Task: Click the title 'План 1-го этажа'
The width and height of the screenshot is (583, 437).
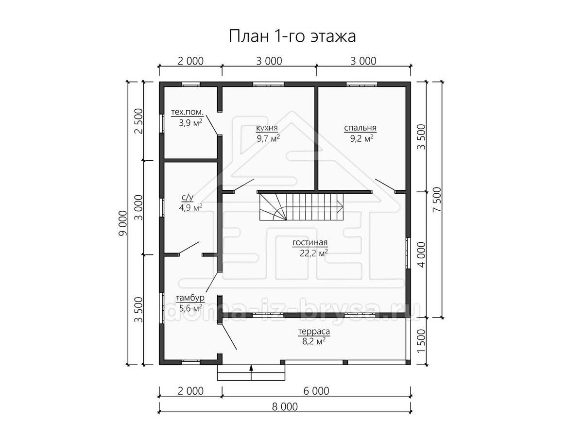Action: [x=292, y=36]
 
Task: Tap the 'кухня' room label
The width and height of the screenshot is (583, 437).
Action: [x=267, y=128]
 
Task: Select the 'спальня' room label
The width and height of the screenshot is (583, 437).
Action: [x=360, y=128]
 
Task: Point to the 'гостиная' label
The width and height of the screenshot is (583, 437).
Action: [x=310, y=242]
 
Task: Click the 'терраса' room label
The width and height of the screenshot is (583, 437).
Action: [x=314, y=332]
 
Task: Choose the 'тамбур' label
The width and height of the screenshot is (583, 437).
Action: [x=190, y=298]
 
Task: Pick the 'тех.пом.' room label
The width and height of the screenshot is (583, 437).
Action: [x=187, y=112]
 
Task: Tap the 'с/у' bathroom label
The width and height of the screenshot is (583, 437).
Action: [x=188, y=198]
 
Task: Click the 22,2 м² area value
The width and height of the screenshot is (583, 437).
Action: [x=314, y=253]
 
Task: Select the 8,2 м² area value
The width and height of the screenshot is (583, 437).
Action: [x=314, y=341]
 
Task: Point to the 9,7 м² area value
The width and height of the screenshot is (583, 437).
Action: [x=268, y=138]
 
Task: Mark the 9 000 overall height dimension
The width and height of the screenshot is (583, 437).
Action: [x=123, y=223]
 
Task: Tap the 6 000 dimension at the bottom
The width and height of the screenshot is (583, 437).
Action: [x=316, y=391]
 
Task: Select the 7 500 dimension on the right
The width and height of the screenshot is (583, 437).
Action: [x=437, y=200]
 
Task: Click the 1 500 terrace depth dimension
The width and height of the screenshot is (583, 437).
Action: [x=421, y=341]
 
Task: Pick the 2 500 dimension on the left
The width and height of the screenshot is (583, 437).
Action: [x=138, y=121]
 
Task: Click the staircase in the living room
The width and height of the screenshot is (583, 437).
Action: [x=302, y=207]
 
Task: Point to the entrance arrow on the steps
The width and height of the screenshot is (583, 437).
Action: [x=251, y=372]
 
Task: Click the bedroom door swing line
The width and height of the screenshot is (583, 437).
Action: [x=385, y=185]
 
